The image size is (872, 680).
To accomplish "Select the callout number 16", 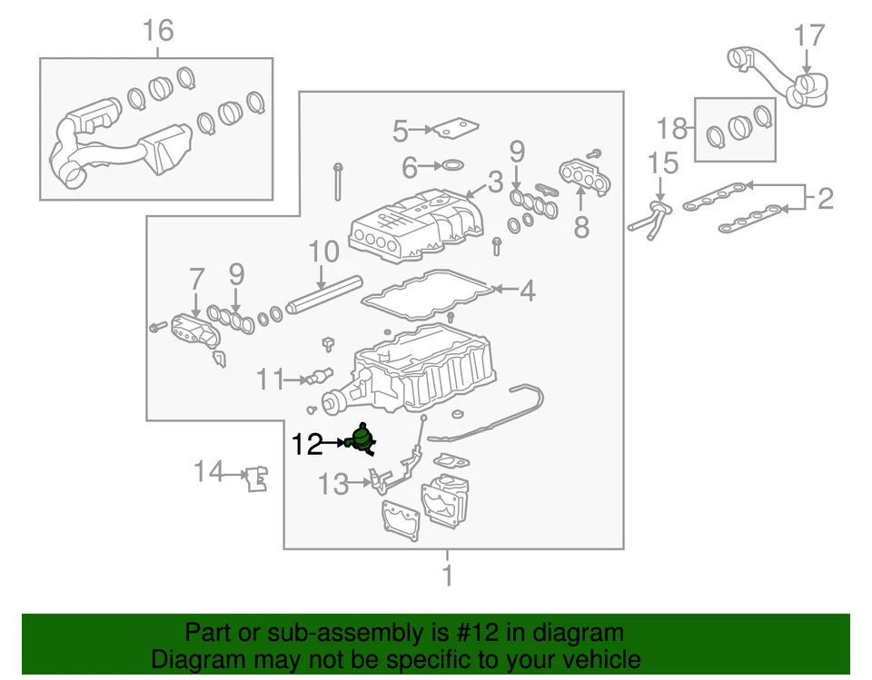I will [x=157, y=31].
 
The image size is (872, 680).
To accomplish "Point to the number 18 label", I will [x=674, y=127].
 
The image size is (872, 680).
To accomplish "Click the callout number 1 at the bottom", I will [x=447, y=576].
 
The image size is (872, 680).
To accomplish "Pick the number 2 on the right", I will [x=825, y=198].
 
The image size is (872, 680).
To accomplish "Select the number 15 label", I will [x=663, y=163].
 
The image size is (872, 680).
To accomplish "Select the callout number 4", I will [x=528, y=291].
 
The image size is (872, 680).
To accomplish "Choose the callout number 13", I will [x=333, y=485].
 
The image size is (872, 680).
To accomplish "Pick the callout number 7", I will [x=197, y=278].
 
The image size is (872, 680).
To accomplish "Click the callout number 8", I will [x=581, y=226].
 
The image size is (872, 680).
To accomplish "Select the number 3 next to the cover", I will [x=494, y=182].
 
